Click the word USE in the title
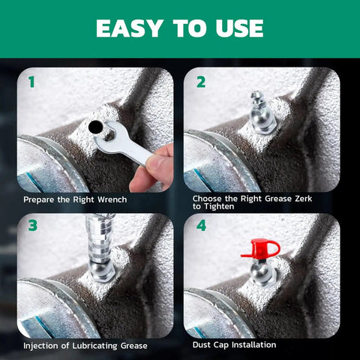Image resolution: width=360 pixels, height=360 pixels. click(238, 28)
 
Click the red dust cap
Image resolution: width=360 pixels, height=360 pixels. click(259, 250)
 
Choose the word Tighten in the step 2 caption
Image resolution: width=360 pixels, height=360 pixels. click(217, 207)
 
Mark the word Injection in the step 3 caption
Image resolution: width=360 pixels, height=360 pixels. click(43, 345)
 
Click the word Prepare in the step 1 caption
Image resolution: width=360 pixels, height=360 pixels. click(39, 199)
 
